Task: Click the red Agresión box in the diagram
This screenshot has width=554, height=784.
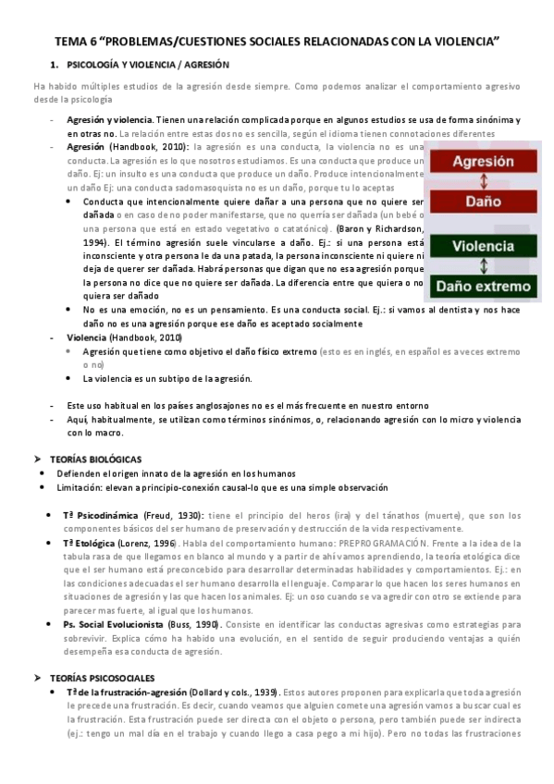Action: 482,161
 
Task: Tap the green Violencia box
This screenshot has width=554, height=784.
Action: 482,246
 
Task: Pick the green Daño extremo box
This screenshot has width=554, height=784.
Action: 482,287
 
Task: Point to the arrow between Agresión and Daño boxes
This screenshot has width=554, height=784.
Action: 482,181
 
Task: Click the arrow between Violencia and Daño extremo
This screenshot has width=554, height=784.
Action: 482,266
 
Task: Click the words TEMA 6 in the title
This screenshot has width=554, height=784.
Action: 76,42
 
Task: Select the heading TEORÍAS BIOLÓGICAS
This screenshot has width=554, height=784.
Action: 95,459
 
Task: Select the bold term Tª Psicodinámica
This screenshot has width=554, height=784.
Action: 101,515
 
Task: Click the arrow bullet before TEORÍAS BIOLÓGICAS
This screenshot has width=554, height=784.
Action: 38,459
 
